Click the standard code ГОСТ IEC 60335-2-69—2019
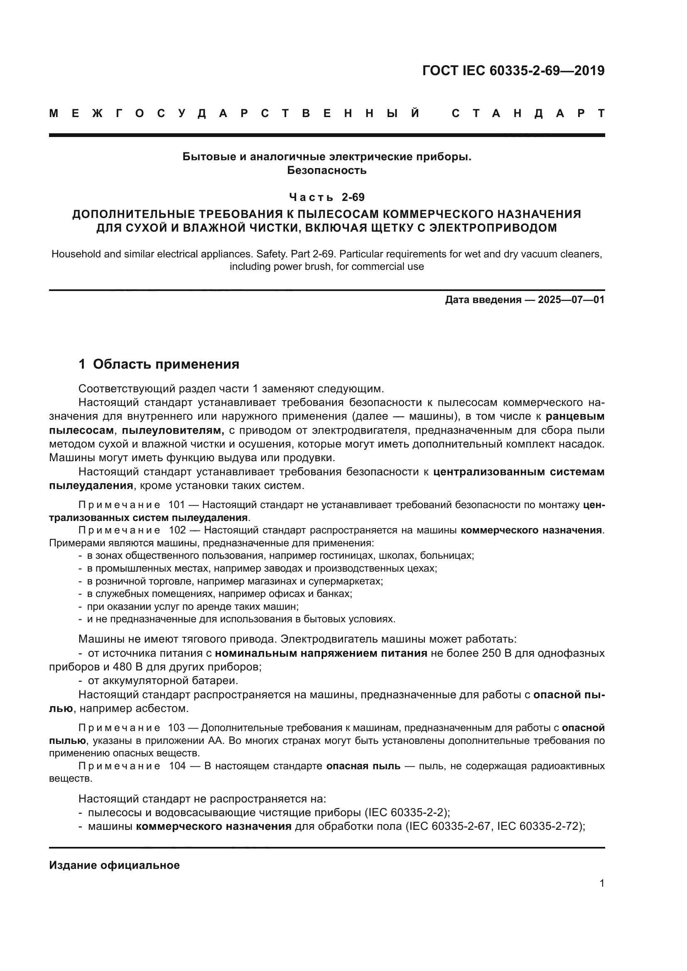[x=513, y=71]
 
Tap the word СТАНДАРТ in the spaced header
[x=528, y=113]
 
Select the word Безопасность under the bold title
[x=326, y=171]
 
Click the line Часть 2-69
[x=326, y=197]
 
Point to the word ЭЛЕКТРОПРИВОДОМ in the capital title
[x=493, y=228]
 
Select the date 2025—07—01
[x=571, y=300]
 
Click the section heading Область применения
[x=166, y=364]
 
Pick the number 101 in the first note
[x=177, y=505]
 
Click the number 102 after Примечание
[x=177, y=530]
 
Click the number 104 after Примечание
[x=177, y=766]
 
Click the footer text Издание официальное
[x=114, y=865]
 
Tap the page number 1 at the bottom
[x=601, y=883]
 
